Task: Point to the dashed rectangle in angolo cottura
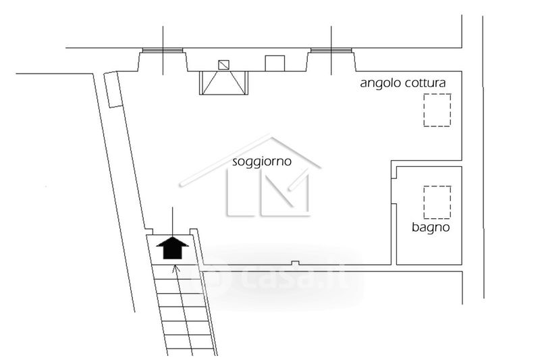pos(436,111)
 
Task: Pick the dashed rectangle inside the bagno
pos(436,202)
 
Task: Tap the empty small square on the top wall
pos(275,63)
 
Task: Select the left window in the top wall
pos(163,51)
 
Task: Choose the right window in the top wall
pos(332,51)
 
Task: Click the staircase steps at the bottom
pos(182,311)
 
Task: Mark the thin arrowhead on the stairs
pos(177,269)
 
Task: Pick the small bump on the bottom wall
pos(294,263)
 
